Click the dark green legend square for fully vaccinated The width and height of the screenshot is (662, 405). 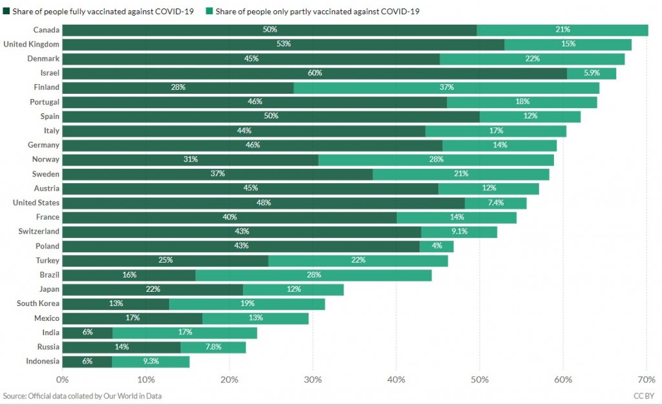pyautogui.click(x=6, y=12)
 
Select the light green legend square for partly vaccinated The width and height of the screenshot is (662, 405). pyautogui.click(x=209, y=12)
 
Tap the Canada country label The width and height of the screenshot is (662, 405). pyautogui.click(x=47, y=30)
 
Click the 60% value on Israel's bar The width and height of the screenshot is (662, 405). pyautogui.click(x=315, y=73)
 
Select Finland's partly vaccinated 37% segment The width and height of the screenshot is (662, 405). pyautogui.click(x=447, y=87)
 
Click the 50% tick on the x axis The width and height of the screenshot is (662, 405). pyautogui.click(x=480, y=379)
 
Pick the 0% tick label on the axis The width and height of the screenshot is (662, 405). pyautogui.click(x=63, y=379)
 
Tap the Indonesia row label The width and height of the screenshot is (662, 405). pyautogui.click(x=43, y=361)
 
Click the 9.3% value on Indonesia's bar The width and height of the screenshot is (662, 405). pyautogui.click(x=151, y=362)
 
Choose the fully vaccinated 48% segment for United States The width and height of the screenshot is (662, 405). pyautogui.click(x=263, y=203)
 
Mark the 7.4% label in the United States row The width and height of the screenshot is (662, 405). pyautogui.click(x=496, y=203)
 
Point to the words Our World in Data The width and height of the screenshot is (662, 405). pyautogui.click(x=133, y=395)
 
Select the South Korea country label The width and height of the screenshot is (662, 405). pyautogui.click(x=38, y=303)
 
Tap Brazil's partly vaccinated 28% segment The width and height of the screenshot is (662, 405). pyautogui.click(x=314, y=275)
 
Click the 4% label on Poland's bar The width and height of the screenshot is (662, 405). pyautogui.click(x=437, y=246)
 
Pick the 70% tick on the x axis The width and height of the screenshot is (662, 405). pyautogui.click(x=646, y=379)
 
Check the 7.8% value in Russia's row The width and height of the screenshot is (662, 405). pyautogui.click(x=213, y=347)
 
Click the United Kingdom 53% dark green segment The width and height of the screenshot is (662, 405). pyautogui.click(x=283, y=44)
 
